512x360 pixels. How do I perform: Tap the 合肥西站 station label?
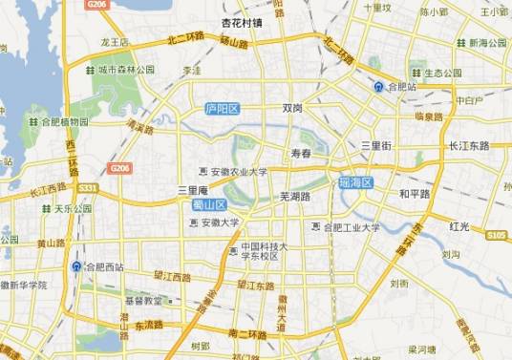[x=103, y=266]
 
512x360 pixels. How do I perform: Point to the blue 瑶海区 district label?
[x=354, y=181]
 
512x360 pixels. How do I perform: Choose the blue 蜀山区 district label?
[x=207, y=204]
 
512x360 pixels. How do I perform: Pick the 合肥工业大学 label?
[x=351, y=227]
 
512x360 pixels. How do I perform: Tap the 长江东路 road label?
[x=468, y=145]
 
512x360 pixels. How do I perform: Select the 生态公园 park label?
[x=442, y=73]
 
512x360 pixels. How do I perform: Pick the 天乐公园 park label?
[x=73, y=208]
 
